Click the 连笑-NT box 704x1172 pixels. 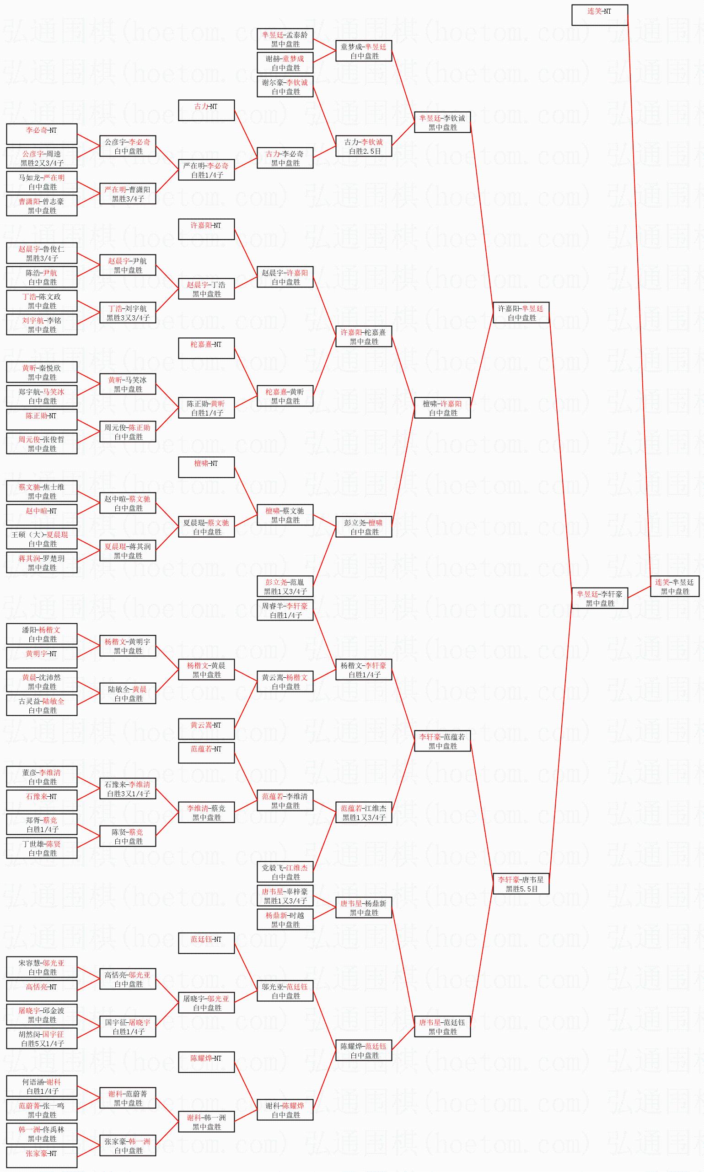[599, 15]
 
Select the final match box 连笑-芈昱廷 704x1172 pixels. [674, 587]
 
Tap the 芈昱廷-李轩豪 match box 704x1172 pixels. [599, 598]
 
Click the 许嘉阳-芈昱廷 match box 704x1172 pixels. [521, 313]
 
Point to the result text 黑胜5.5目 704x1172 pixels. [521, 889]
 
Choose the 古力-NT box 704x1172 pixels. [206, 110]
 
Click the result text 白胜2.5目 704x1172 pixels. [364, 151]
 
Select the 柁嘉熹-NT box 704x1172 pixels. [206, 348]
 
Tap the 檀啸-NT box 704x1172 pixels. [206, 467]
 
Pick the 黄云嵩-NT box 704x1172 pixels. [206, 729]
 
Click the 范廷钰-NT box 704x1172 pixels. [206, 943]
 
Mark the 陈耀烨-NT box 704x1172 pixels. [206, 1062]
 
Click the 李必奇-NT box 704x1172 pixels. [42, 134]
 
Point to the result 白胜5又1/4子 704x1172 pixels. [42, 1043]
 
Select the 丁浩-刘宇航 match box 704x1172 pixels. [128, 313]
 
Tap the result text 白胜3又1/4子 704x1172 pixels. [128, 794]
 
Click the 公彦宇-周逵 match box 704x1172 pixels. [42, 158]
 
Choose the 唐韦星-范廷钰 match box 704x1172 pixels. [442, 1026]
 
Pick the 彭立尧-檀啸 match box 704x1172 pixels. [363, 527]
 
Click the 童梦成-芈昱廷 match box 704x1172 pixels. [363, 51]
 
